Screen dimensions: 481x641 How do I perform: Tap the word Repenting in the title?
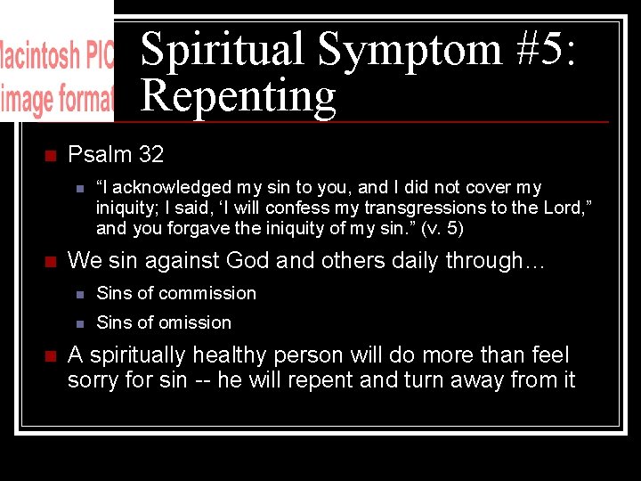click(238, 95)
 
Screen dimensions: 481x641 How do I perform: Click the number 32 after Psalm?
click(151, 155)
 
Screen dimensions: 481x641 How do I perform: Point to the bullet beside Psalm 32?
click(50, 156)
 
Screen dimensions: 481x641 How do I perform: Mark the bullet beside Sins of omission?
click(79, 322)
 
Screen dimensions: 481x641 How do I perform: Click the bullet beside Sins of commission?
click(79, 294)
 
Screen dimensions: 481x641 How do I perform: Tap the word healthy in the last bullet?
click(245, 355)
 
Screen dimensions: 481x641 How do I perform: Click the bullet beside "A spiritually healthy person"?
click(50, 356)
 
